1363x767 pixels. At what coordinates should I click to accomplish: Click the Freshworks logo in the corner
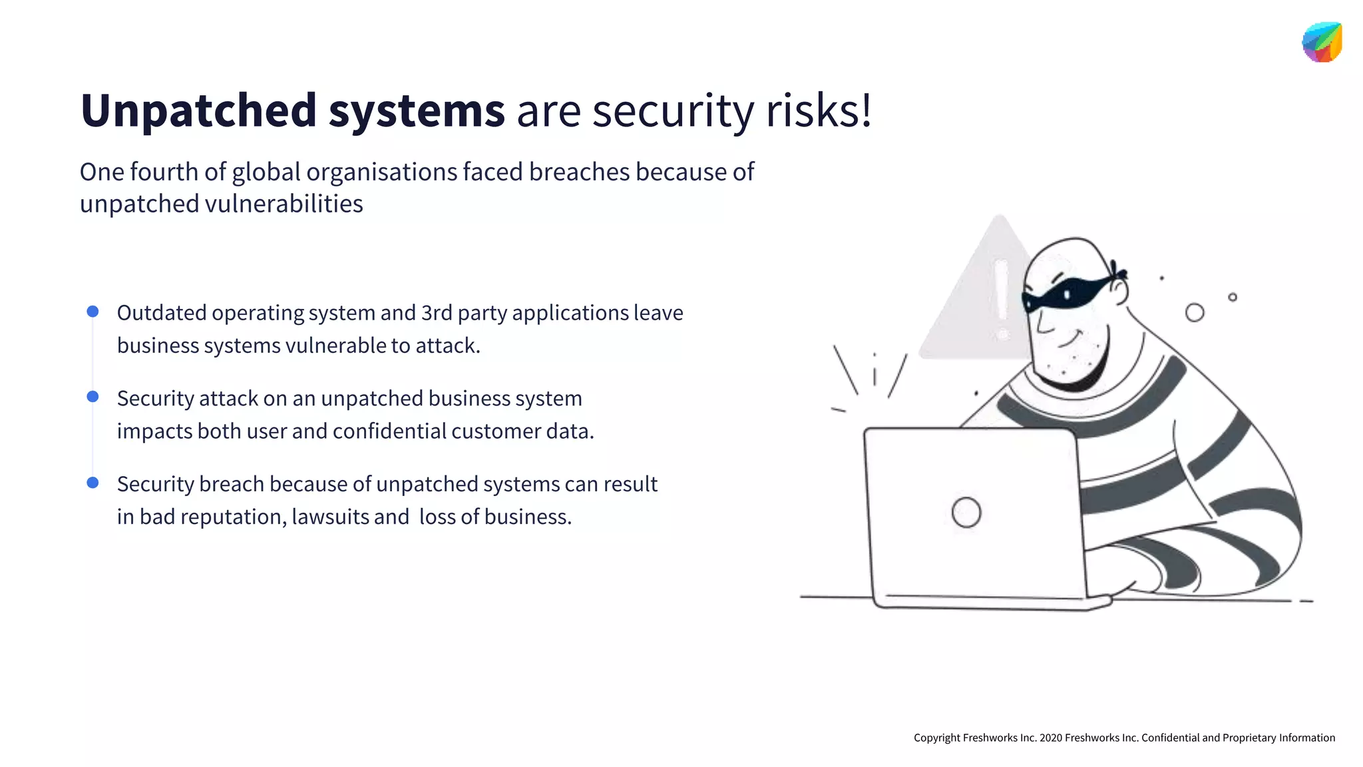pos(1322,42)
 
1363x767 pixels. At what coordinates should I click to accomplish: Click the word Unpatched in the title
pos(198,111)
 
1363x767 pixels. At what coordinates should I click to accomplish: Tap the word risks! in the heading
pos(819,111)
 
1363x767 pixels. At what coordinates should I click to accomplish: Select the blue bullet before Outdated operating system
pos(93,312)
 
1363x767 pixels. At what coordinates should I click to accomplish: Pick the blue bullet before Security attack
pos(93,397)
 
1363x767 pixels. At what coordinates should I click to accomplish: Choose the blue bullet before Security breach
pos(93,483)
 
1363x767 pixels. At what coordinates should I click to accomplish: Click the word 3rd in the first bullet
pos(437,313)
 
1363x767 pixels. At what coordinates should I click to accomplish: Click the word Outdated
pos(162,313)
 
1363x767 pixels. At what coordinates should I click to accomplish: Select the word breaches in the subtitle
pos(579,172)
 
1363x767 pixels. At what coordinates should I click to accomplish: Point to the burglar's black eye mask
pos(1065,293)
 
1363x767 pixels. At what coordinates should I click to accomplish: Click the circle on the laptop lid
pos(966,513)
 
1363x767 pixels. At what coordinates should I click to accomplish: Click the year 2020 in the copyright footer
pos(1051,738)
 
